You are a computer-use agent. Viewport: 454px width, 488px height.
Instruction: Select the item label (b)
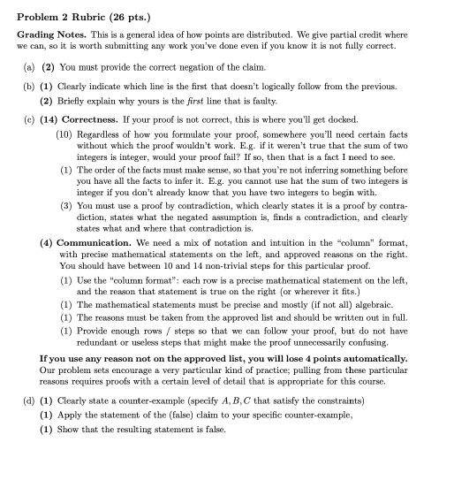point(29,88)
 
